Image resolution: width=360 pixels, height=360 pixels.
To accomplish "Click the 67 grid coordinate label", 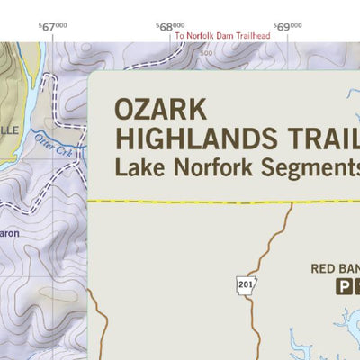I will (x=53, y=27).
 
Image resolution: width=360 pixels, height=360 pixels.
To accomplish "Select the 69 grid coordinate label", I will (x=288, y=27).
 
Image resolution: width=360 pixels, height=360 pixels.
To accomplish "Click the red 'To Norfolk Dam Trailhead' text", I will (x=222, y=36).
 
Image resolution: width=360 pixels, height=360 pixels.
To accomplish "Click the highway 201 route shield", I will (x=246, y=284).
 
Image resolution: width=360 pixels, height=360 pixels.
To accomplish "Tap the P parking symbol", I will (x=343, y=287).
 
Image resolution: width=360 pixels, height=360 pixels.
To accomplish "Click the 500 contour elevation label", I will (x=208, y=53).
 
